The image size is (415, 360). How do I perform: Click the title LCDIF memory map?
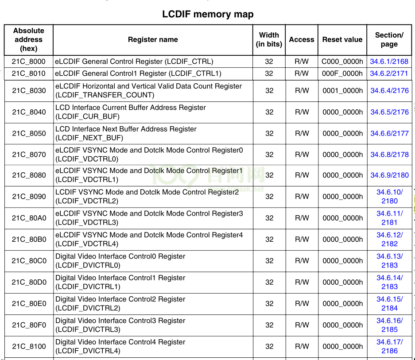tap(208, 14)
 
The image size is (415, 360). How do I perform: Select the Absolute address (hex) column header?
tap(29, 39)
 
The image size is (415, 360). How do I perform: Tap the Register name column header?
tap(153, 39)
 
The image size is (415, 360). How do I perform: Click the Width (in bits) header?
tap(269, 39)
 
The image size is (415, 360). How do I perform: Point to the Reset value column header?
tap(342, 39)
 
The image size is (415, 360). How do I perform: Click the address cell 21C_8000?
tap(29, 62)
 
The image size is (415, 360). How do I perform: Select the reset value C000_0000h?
tap(342, 62)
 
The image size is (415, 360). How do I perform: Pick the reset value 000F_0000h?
tap(342, 74)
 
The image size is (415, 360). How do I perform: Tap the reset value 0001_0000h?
tap(342, 91)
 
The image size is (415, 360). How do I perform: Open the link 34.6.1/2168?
tap(389, 62)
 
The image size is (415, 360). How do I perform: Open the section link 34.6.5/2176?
tap(389, 112)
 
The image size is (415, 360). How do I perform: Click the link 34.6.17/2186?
tap(389, 346)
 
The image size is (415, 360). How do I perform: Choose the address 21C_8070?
tap(29, 155)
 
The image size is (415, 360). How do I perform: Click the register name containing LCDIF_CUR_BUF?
tap(131, 112)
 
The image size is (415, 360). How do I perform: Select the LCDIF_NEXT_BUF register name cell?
tap(126, 133)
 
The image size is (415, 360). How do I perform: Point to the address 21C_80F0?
tap(29, 325)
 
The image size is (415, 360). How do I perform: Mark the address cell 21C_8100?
tap(29, 346)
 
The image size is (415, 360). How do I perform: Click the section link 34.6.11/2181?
tap(389, 218)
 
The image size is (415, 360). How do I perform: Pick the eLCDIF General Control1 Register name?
tap(138, 74)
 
